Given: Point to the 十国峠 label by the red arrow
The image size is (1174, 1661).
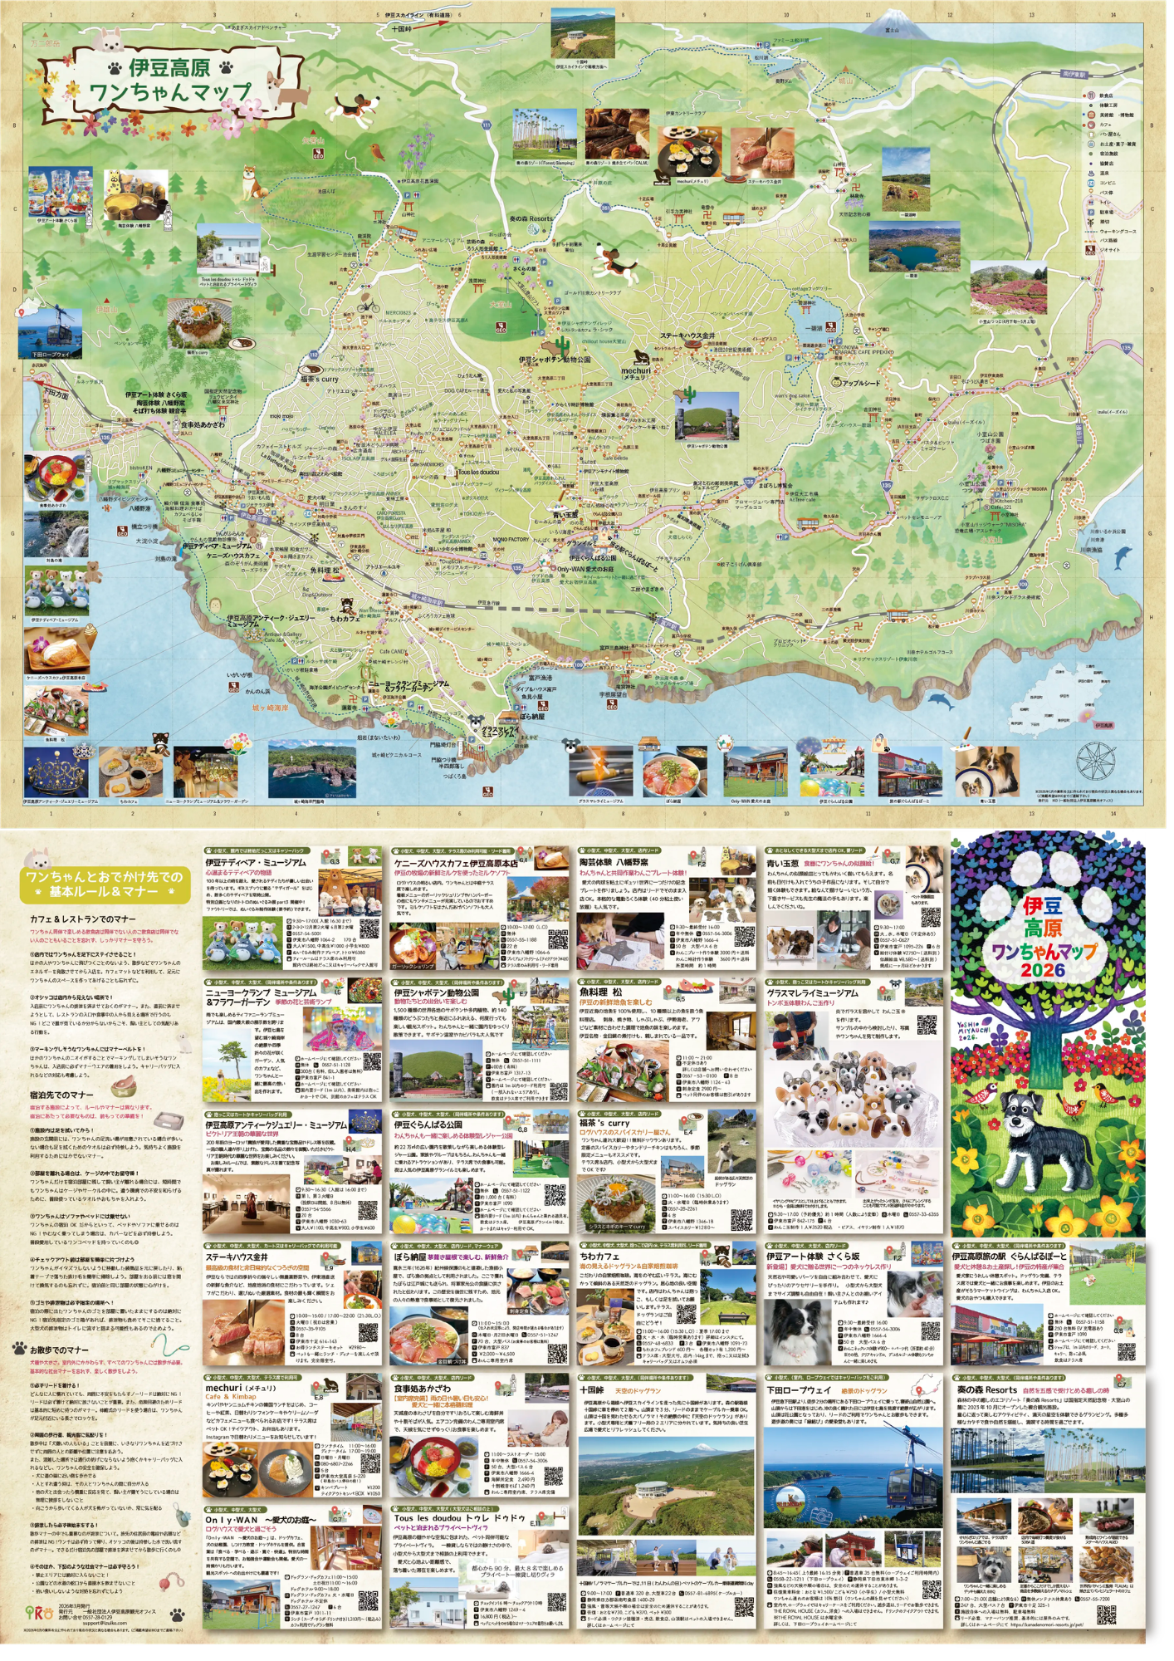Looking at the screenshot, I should (x=402, y=29).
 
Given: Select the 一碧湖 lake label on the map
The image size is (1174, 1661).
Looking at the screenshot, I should (x=811, y=329).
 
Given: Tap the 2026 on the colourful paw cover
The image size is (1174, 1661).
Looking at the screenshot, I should (x=1044, y=970).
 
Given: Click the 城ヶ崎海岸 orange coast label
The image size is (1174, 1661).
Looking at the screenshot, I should (x=271, y=708).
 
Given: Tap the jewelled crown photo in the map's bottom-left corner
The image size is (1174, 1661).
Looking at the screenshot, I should (x=56, y=772).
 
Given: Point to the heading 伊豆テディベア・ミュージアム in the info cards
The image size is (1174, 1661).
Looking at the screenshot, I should (x=256, y=863).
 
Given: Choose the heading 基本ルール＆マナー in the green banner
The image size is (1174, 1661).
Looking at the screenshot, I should (x=104, y=892).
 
